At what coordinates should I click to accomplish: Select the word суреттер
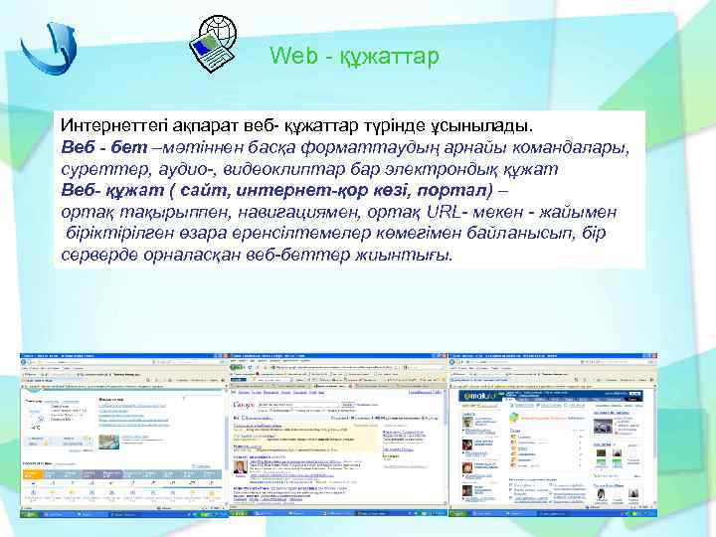pyautogui.click(x=98, y=169)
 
